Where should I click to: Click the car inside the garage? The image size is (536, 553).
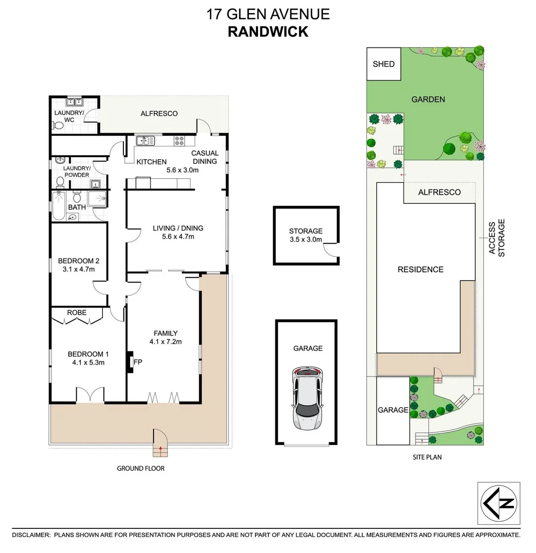point(306,398)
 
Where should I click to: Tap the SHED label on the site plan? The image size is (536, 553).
point(383,64)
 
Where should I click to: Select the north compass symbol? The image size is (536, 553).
point(499,503)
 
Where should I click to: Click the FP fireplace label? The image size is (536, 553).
point(138,362)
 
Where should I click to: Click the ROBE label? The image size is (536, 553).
point(77,312)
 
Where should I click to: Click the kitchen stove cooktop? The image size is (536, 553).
point(180,140)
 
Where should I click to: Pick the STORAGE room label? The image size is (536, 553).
point(306,231)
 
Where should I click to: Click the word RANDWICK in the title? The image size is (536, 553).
point(268,31)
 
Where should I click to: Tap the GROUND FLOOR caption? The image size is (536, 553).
point(141,468)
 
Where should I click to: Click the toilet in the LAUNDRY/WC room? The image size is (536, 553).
point(58,125)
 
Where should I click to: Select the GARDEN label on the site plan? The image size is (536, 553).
point(428,99)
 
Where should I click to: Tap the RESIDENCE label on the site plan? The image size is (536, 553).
point(420,269)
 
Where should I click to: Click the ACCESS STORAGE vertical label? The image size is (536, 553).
point(496,238)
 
